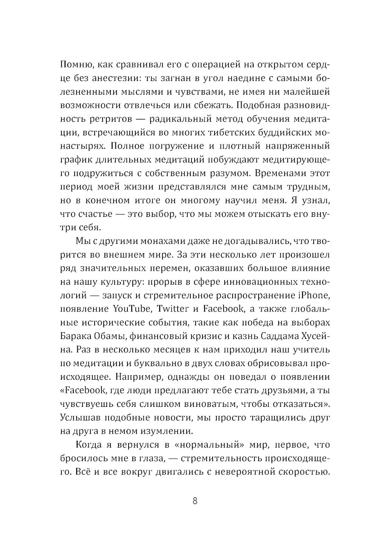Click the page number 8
pos(195,501)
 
